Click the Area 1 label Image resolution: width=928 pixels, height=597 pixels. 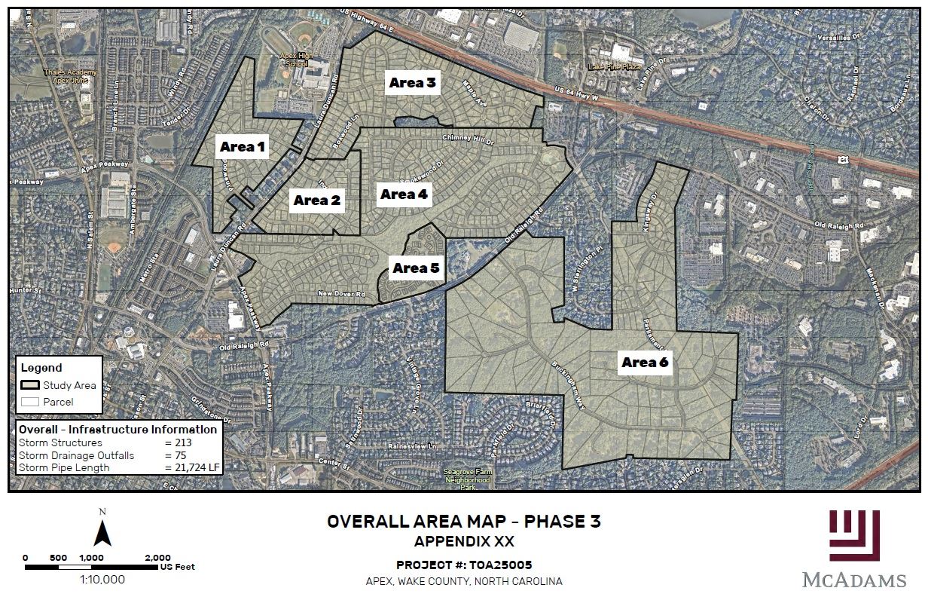(x=243, y=147)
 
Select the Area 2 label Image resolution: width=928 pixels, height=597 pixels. (x=316, y=201)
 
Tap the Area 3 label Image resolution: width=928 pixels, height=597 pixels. (x=412, y=83)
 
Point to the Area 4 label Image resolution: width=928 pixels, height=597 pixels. (x=404, y=194)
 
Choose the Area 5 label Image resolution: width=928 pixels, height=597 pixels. (x=415, y=268)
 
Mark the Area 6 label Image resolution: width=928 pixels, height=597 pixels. (x=645, y=363)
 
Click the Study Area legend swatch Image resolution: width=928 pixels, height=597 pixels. (x=30, y=385)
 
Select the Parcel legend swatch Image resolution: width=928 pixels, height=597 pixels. (x=30, y=402)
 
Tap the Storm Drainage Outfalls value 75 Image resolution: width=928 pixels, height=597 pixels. (x=179, y=455)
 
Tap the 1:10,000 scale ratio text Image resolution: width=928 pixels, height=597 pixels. (x=102, y=580)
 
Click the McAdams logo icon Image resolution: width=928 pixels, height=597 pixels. (x=854, y=535)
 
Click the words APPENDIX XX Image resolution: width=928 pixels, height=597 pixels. (x=464, y=541)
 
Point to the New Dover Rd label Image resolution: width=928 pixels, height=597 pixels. (x=341, y=294)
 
